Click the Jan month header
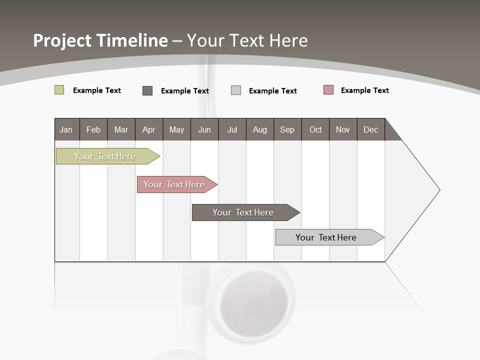tap(66, 129)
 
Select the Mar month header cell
tap(121, 129)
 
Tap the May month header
tap(176, 129)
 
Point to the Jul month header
tap(232, 129)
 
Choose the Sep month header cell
tap(287, 129)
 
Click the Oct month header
tap(315, 129)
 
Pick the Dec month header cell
tap(370, 129)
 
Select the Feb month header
tap(93, 129)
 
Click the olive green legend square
tap(59, 90)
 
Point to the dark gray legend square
tap(147, 90)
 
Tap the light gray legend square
tap(236, 90)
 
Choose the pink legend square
tap(328, 90)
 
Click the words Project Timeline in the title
tap(100, 40)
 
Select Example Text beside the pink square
tap(364, 90)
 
